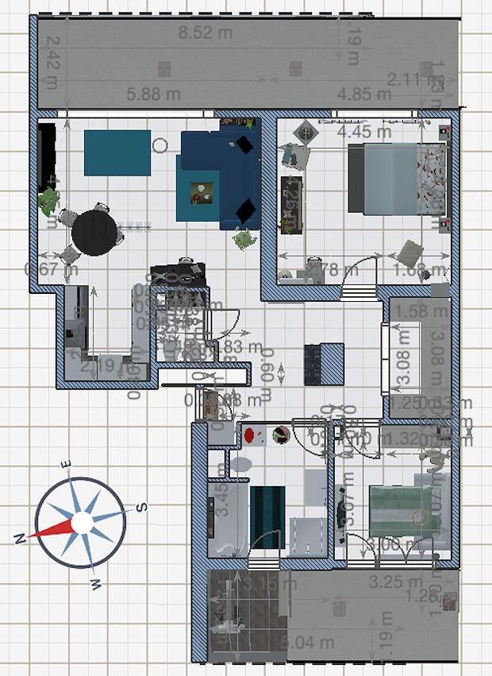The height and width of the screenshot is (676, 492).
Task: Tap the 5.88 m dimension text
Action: (x=153, y=95)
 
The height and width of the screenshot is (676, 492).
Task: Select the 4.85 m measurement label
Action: (x=364, y=95)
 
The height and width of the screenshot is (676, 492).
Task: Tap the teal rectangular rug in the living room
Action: (x=117, y=153)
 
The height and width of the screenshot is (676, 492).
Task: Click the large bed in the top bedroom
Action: (x=397, y=179)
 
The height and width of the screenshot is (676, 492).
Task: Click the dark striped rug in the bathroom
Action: (x=267, y=516)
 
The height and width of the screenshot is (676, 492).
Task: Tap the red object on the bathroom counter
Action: (x=249, y=435)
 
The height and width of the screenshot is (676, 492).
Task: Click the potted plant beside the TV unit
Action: (x=50, y=198)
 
